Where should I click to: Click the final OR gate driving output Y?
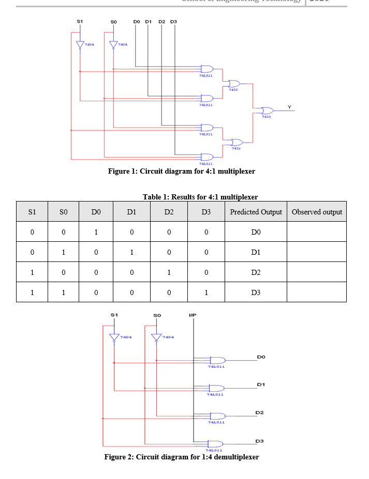click(267, 111)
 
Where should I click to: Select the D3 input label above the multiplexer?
click(173, 22)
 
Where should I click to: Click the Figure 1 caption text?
click(181, 171)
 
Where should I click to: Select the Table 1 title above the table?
click(200, 197)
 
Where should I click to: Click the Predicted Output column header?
click(256, 212)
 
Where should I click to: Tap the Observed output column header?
click(317, 212)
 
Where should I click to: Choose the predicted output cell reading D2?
click(256, 272)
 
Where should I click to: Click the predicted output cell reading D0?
click(256, 232)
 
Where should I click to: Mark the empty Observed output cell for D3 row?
click(317, 292)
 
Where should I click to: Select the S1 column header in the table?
click(32, 212)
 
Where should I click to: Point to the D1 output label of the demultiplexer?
click(260, 384)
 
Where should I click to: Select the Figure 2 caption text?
click(181, 457)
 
